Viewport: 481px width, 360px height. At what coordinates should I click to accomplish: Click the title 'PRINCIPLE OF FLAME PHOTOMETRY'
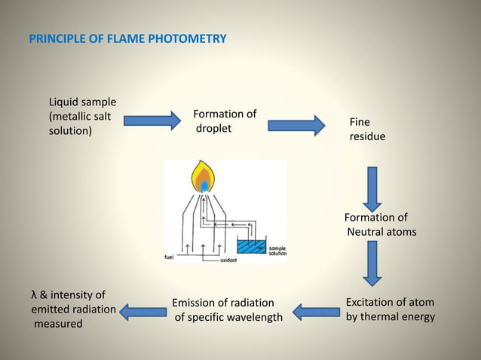point(127,38)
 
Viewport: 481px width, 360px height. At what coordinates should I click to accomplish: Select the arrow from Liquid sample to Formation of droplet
point(152,121)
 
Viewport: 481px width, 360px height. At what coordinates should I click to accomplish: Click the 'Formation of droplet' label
point(224,121)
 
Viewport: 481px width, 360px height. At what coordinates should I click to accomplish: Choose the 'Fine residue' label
point(367,129)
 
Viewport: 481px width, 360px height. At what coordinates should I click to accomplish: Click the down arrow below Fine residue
point(372,188)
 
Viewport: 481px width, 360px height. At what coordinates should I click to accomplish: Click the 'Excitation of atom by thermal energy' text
point(390,310)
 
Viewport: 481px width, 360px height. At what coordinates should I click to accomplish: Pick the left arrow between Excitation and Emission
point(317,310)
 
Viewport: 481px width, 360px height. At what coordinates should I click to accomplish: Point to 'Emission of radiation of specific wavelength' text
point(227,310)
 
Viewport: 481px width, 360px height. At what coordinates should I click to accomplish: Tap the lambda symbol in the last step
point(34,294)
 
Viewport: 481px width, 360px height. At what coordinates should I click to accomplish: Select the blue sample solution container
point(250,246)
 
